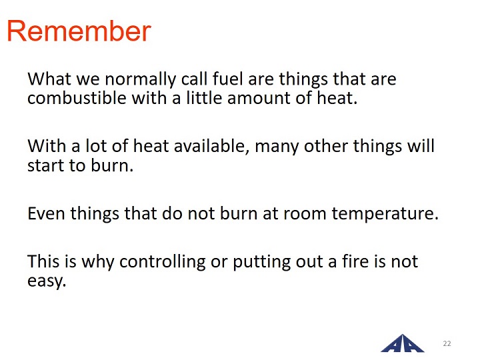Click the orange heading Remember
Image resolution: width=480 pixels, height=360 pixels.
click(79, 31)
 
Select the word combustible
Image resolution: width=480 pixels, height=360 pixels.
click(77, 98)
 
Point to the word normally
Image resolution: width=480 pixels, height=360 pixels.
click(141, 79)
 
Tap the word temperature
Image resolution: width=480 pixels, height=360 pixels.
click(385, 213)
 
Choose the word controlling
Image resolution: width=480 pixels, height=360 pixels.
click(162, 263)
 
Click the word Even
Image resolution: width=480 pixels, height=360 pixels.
click(46, 213)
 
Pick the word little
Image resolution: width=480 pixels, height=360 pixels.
click(204, 98)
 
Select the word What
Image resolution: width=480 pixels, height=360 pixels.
click(49, 79)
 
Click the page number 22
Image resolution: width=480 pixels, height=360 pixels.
click(447, 343)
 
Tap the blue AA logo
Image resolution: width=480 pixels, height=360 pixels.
click(402, 343)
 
